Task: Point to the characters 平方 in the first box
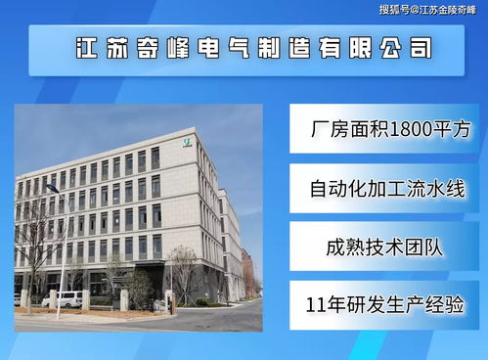pyautogui.click(x=451, y=129)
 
